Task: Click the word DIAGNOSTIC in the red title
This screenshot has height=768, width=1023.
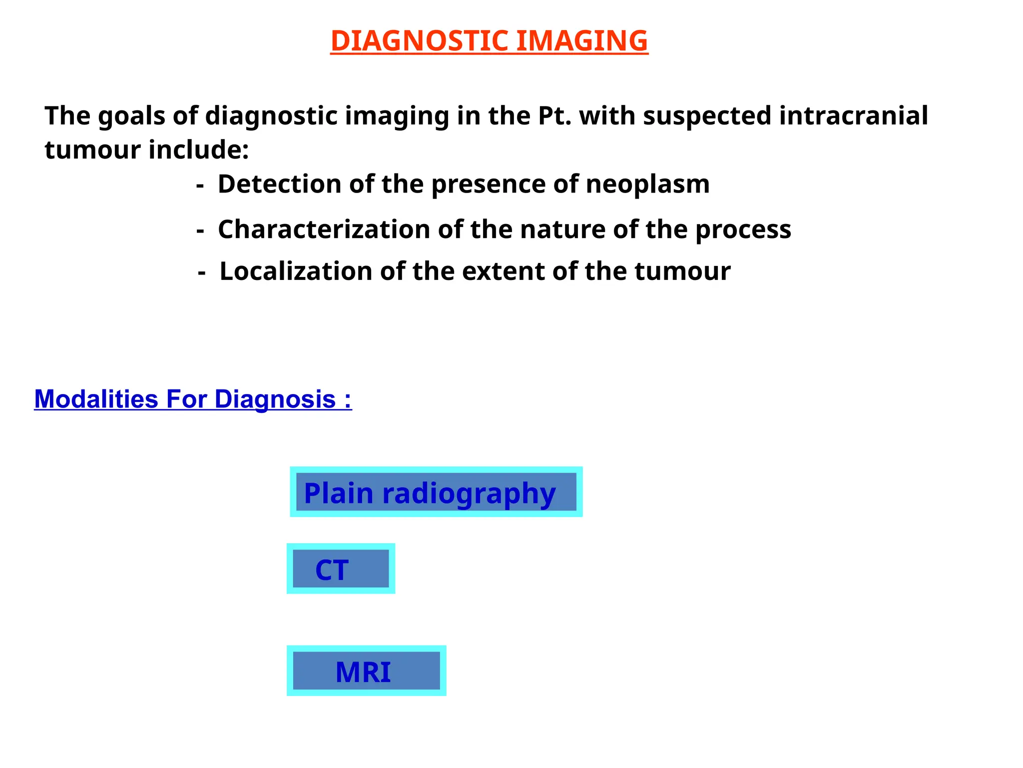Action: point(420,41)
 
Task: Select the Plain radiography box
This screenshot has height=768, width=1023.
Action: point(436,492)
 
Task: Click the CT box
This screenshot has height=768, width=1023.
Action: point(341,569)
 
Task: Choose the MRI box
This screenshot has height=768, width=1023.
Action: point(366,671)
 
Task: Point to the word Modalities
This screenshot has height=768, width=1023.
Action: point(96,399)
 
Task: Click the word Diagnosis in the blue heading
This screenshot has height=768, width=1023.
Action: point(275,399)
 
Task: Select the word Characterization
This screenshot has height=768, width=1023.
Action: point(324,229)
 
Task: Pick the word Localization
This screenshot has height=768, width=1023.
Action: point(296,271)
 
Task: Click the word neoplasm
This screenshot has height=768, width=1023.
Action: point(647,184)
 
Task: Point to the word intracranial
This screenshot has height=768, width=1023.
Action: point(853,116)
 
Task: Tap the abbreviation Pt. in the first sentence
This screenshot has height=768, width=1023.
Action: point(554,116)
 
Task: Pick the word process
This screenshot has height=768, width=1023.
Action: point(743,229)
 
